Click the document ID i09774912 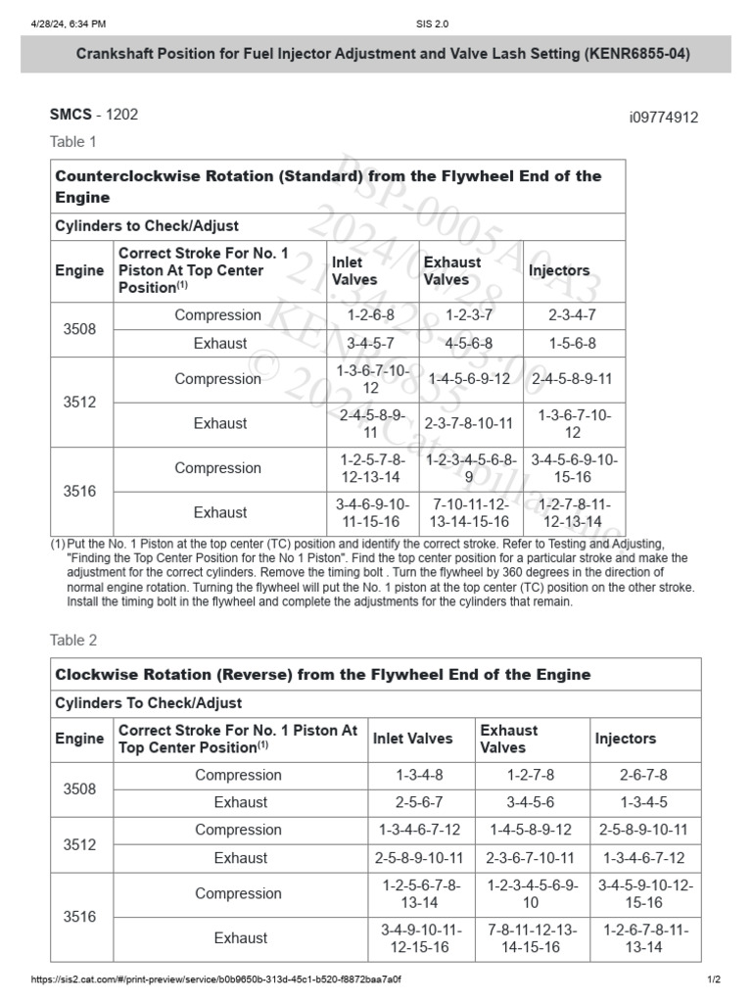point(663,118)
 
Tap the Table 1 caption point(73,142)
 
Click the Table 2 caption point(73,641)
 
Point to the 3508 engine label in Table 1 point(79,329)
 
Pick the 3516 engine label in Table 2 point(79,917)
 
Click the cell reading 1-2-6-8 point(371,315)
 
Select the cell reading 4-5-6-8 point(469,344)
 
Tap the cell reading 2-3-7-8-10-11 point(469,424)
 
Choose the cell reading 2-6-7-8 point(643,775)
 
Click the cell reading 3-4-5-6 point(532,802)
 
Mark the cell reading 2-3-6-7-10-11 point(532,858)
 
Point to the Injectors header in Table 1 point(559,270)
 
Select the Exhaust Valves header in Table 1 point(452,270)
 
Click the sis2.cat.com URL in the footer point(215,979)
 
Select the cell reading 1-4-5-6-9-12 point(469,379)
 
